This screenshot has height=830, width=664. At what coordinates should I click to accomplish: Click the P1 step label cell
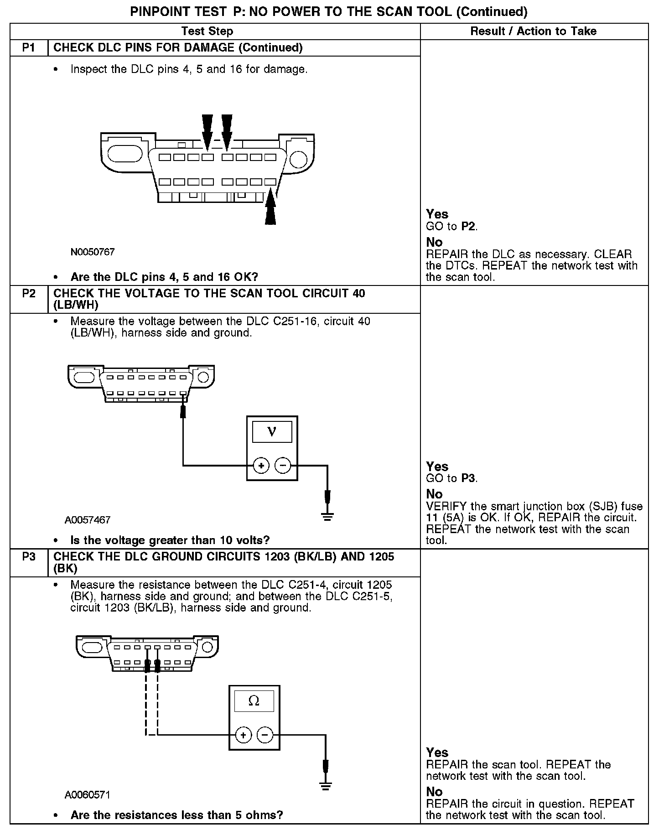pyautogui.click(x=29, y=48)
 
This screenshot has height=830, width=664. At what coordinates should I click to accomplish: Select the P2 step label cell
pyautogui.click(x=29, y=293)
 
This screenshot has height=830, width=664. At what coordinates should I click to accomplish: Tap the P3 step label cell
pyautogui.click(x=29, y=557)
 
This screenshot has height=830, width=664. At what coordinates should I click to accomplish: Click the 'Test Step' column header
pyautogui.click(x=207, y=31)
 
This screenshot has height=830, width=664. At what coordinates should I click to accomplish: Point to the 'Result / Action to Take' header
pyautogui.click(x=533, y=31)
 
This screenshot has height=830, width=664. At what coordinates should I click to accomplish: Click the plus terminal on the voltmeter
pyautogui.click(x=261, y=466)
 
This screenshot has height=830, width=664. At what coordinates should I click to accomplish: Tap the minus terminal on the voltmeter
pyautogui.click(x=283, y=466)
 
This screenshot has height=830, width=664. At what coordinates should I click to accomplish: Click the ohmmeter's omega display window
pyautogui.click(x=254, y=701)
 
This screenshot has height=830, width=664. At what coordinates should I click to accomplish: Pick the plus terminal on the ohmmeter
pyautogui.click(x=243, y=735)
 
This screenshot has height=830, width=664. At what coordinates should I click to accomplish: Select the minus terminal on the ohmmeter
pyautogui.click(x=265, y=735)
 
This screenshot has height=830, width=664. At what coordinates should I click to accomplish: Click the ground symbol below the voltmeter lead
pyautogui.click(x=327, y=516)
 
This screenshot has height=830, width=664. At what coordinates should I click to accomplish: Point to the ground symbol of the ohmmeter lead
pyautogui.click(x=325, y=786)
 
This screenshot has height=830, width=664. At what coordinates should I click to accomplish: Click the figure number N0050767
pyautogui.click(x=93, y=252)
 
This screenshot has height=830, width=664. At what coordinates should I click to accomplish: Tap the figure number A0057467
pyautogui.click(x=88, y=520)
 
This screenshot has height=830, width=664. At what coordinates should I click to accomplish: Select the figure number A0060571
pyautogui.click(x=88, y=795)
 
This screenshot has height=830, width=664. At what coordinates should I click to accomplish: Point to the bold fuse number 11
pyautogui.click(x=432, y=518)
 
